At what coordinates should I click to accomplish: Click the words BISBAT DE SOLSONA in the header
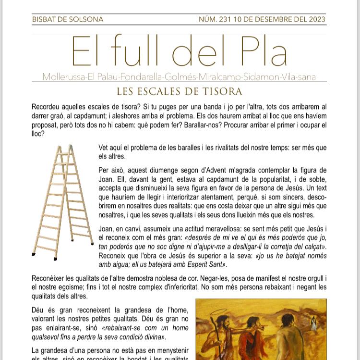coord(67,20)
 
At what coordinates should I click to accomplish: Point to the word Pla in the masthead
coord(260,52)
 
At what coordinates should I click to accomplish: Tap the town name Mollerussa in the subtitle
coord(63,77)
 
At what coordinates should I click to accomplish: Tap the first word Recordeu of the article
coord(48,107)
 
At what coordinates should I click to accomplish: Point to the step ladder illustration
coord(62,202)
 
